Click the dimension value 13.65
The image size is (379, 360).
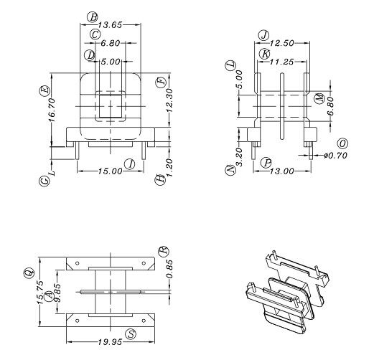point(110,24)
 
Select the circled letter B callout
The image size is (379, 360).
point(92,16)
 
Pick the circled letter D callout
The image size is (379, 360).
point(90,55)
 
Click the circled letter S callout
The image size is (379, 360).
point(131,333)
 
